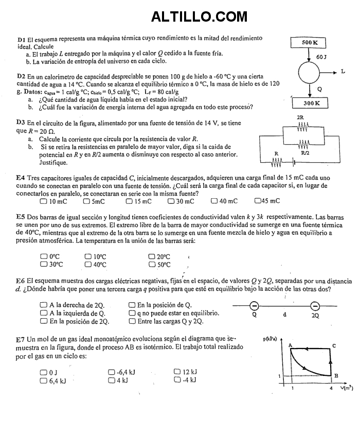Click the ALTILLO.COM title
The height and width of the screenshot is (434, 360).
[x=199, y=17]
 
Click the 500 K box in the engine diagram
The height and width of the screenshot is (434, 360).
[x=310, y=42]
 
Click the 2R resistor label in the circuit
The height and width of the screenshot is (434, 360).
[x=301, y=117]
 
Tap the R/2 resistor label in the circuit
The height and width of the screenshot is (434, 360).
[x=305, y=153]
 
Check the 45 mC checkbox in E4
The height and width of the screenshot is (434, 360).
[x=257, y=201]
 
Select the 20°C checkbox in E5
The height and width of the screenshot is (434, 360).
[x=152, y=256]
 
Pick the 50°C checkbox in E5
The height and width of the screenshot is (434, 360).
[x=152, y=265]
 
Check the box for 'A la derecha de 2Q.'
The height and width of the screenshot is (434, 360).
[x=43, y=305]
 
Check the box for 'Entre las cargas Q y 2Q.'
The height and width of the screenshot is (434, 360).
[x=132, y=321]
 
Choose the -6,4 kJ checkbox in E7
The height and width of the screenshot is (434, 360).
[x=112, y=372]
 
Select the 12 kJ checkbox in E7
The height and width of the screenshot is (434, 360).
[x=177, y=372]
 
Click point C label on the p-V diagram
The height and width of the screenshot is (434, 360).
[x=334, y=345]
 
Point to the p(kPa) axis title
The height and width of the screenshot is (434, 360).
[x=269, y=339]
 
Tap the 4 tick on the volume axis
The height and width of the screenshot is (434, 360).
[x=331, y=388]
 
